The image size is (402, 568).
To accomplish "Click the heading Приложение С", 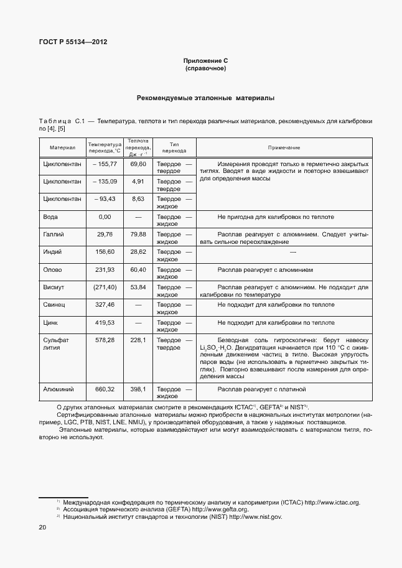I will [205, 60].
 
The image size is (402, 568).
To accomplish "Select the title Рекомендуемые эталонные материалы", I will [205, 98].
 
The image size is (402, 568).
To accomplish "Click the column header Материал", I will [62, 147].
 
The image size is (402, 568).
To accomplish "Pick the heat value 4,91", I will [138, 181].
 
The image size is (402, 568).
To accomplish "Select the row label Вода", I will [50, 217].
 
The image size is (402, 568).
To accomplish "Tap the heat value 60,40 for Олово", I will [138, 270].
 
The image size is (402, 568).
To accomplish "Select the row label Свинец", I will [55, 305].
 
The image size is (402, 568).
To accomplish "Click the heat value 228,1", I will [138, 340].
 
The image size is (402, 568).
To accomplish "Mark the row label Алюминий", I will [58, 389].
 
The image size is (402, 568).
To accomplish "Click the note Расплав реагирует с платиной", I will [262, 389].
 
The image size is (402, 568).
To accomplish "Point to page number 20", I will [42, 528].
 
